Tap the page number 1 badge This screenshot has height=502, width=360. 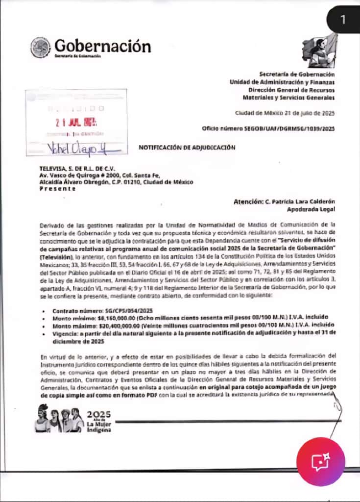[343, 20]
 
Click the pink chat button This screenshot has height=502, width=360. [321, 461]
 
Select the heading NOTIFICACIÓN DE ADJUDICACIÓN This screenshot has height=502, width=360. [187, 147]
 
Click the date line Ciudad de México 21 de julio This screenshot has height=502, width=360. [285, 113]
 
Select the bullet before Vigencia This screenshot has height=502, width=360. [44, 333]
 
